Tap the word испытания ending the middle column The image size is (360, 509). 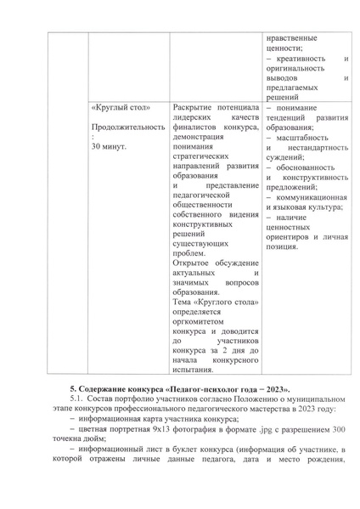tap(195, 369)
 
